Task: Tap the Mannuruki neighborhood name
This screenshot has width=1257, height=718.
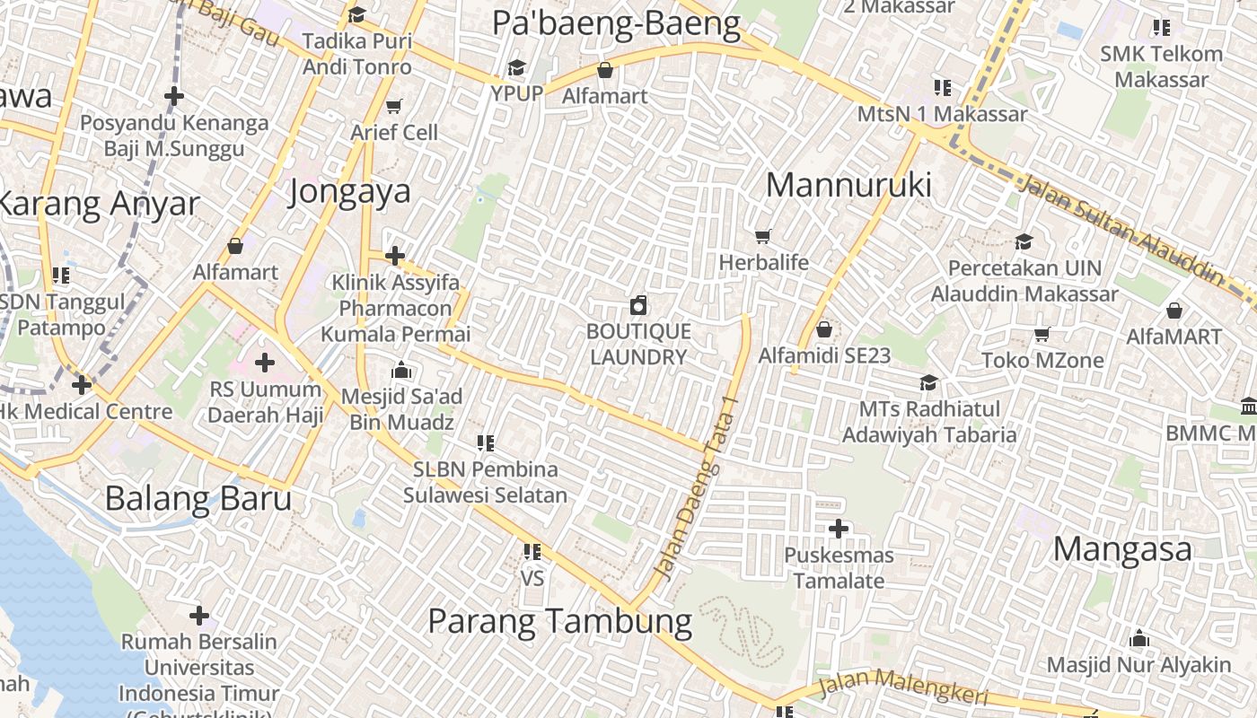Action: (x=848, y=185)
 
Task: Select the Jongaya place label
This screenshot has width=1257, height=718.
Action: (x=350, y=190)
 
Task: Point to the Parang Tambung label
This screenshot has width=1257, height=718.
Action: (x=559, y=621)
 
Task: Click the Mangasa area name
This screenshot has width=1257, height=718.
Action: (x=1122, y=548)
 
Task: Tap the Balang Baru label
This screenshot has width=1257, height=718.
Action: (x=198, y=498)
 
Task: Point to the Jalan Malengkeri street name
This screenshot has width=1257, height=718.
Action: (x=903, y=687)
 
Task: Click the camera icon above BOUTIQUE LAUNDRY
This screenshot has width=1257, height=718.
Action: (x=638, y=306)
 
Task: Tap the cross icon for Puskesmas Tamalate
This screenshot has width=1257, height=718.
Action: (x=838, y=529)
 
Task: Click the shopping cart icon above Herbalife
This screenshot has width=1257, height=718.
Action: (x=763, y=236)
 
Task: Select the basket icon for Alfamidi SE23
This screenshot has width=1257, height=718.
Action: (x=824, y=330)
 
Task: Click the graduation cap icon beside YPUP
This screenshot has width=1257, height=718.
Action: (x=516, y=68)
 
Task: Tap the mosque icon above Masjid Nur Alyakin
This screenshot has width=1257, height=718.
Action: (x=1139, y=639)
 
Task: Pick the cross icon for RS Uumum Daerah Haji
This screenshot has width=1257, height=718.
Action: (x=264, y=363)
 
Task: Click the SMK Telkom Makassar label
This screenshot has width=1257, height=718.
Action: (x=1162, y=66)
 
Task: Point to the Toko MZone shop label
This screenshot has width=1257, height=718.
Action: (x=1042, y=360)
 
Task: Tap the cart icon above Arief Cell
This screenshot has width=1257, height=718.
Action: (x=393, y=107)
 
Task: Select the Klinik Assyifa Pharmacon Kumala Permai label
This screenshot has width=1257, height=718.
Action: (x=396, y=309)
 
